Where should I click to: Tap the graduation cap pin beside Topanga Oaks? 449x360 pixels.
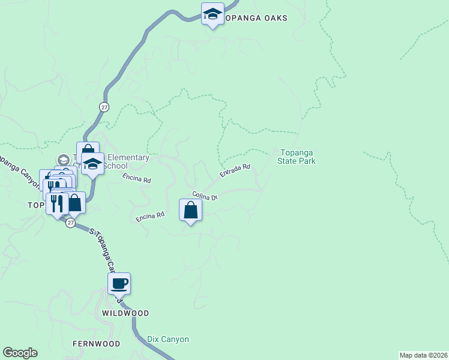click(212, 14)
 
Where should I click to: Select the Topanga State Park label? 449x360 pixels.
click(297, 157)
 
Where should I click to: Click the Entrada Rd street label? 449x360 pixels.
click(235, 172)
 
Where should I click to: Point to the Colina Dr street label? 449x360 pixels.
click(204, 196)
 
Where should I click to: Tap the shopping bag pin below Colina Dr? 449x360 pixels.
click(191, 211)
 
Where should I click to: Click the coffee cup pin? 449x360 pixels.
click(119, 284)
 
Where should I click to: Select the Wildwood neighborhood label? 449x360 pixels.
click(125, 313)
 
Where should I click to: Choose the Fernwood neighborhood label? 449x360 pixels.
click(96, 344)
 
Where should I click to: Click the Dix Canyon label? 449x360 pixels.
click(168, 339)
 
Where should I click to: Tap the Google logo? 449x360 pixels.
click(20, 353)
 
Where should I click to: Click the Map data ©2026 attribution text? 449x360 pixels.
click(423, 355)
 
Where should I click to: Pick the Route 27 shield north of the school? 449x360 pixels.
click(104, 107)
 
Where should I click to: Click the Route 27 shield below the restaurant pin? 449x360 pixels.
click(71, 223)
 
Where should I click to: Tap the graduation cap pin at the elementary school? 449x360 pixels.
click(92, 164)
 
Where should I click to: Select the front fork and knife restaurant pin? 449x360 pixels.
click(57, 203)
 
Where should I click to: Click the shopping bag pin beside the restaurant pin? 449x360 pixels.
click(74, 203)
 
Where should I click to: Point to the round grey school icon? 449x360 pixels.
click(63, 160)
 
